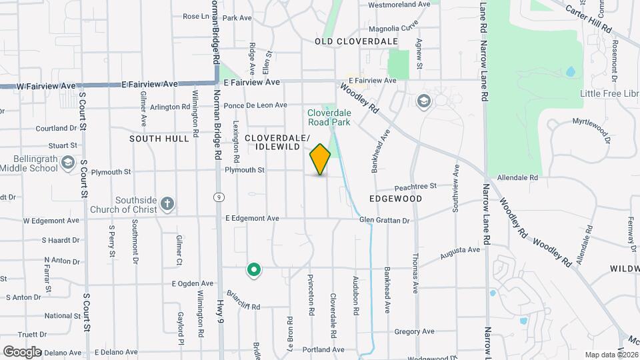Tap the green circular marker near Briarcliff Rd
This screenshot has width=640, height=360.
coord(253,269)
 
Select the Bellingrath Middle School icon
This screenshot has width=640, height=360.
coord(67,163)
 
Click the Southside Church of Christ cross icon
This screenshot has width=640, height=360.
coord(167,203)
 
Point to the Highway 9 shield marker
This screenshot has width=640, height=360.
coord(218,197)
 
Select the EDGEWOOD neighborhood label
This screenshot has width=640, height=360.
coord(395,199)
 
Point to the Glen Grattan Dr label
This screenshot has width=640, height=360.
coord(383,219)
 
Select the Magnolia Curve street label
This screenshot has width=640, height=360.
coord(393,29)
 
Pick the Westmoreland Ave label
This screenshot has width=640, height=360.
coord(399,4)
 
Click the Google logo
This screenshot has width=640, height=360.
coord(22,351)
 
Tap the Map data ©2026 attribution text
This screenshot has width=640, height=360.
coord(611,355)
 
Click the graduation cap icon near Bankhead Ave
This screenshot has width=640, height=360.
coord(423,101)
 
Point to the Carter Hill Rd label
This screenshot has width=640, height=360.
coord(588,19)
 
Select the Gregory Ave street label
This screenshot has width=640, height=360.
coord(414,331)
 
